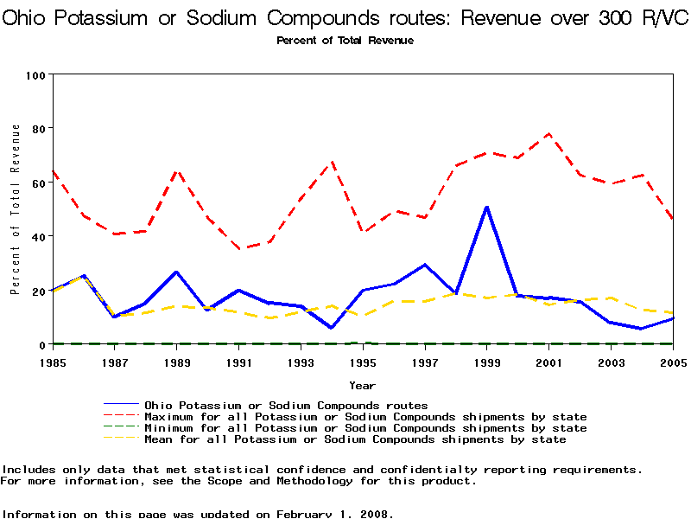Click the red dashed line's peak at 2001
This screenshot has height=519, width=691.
(548, 134)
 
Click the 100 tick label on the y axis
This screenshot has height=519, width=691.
(35, 75)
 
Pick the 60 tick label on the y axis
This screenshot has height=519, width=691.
(38, 183)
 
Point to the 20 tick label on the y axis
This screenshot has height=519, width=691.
(38, 292)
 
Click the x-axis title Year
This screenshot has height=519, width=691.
(362, 385)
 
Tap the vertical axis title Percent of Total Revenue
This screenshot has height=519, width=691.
(16, 209)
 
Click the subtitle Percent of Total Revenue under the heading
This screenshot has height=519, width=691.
(345, 41)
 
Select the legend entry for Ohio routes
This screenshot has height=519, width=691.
(286, 405)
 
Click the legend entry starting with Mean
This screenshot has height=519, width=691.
(355, 439)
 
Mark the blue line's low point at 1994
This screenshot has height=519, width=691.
(332, 328)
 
